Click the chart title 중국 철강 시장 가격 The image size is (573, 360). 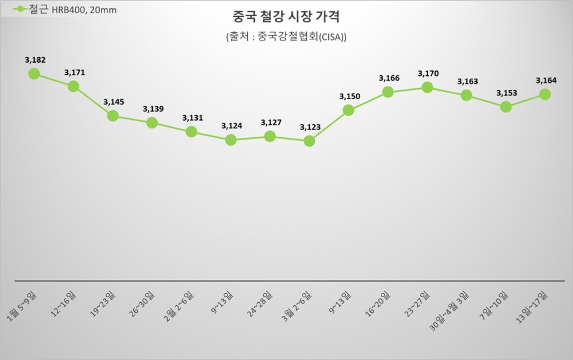pyautogui.click(x=286, y=17)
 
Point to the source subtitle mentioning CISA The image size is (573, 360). pyautogui.click(x=286, y=36)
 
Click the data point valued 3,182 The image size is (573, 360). pyautogui.click(x=34, y=73)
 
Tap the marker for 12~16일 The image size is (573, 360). pyautogui.click(x=73, y=86)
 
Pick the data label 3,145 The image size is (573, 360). pyautogui.click(x=113, y=102)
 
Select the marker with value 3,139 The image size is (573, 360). pyautogui.click(x=152, y=122)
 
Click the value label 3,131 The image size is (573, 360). pyautogui.click(x=192, y=118)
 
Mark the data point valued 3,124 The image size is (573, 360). pyautogui.click(x=231, y=140)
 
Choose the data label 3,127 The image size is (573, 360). pyautogui.click(x=271, y=122)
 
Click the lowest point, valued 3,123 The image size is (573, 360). pyautogui.click(x=309, y=141)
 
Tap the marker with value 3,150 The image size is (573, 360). pyautogui.click(x=349, y=110)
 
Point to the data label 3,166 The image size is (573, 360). pyautogui.click(x=389, y=78)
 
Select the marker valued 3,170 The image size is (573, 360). pyautogui.click(x=427, y=87)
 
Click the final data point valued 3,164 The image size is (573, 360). pyautogui.click(x=545, y=94)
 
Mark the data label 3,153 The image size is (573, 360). pyautogui.click(x=507, y=93)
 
